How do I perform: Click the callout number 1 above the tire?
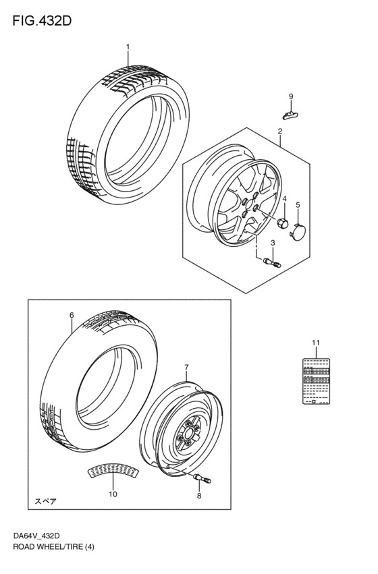click(128, 47)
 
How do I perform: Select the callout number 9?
click(292, 96)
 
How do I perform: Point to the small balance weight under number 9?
click(291, 117)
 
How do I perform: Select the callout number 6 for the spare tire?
click(72, 315)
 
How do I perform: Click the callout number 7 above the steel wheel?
click(187, 367)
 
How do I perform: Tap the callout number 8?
click(199, 496)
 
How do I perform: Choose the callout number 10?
click(113, 494)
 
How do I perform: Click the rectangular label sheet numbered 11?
click(317, 383)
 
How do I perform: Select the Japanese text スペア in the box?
click(47, 502)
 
